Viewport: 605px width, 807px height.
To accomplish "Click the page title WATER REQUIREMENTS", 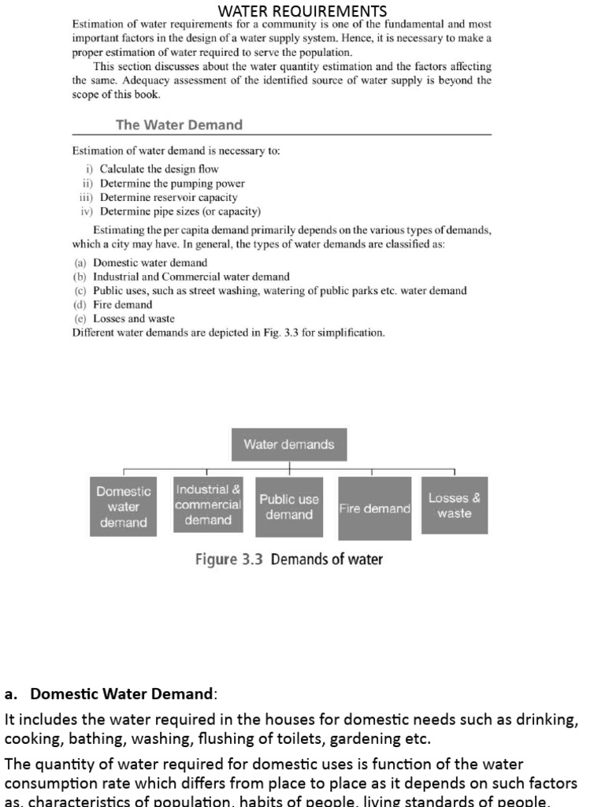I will click(x=302, y=11).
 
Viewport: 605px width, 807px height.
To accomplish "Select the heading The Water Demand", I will click(x=179, y=125).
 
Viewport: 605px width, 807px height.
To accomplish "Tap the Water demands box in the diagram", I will click(x=289, y=444).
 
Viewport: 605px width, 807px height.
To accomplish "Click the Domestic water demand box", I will click(x=123, y=507).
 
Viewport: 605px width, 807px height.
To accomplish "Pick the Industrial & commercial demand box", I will click(x=208, y=504).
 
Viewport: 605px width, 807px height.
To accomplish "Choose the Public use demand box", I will click(x=289, y=507).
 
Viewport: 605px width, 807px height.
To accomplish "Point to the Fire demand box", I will click(x=374, y=509).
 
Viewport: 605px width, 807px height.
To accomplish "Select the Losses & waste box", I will click(x=455, y=505).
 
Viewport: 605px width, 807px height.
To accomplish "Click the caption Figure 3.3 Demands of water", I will click(x=289, y=560).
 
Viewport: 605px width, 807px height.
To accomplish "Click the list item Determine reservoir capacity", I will click(x=168, y=197).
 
